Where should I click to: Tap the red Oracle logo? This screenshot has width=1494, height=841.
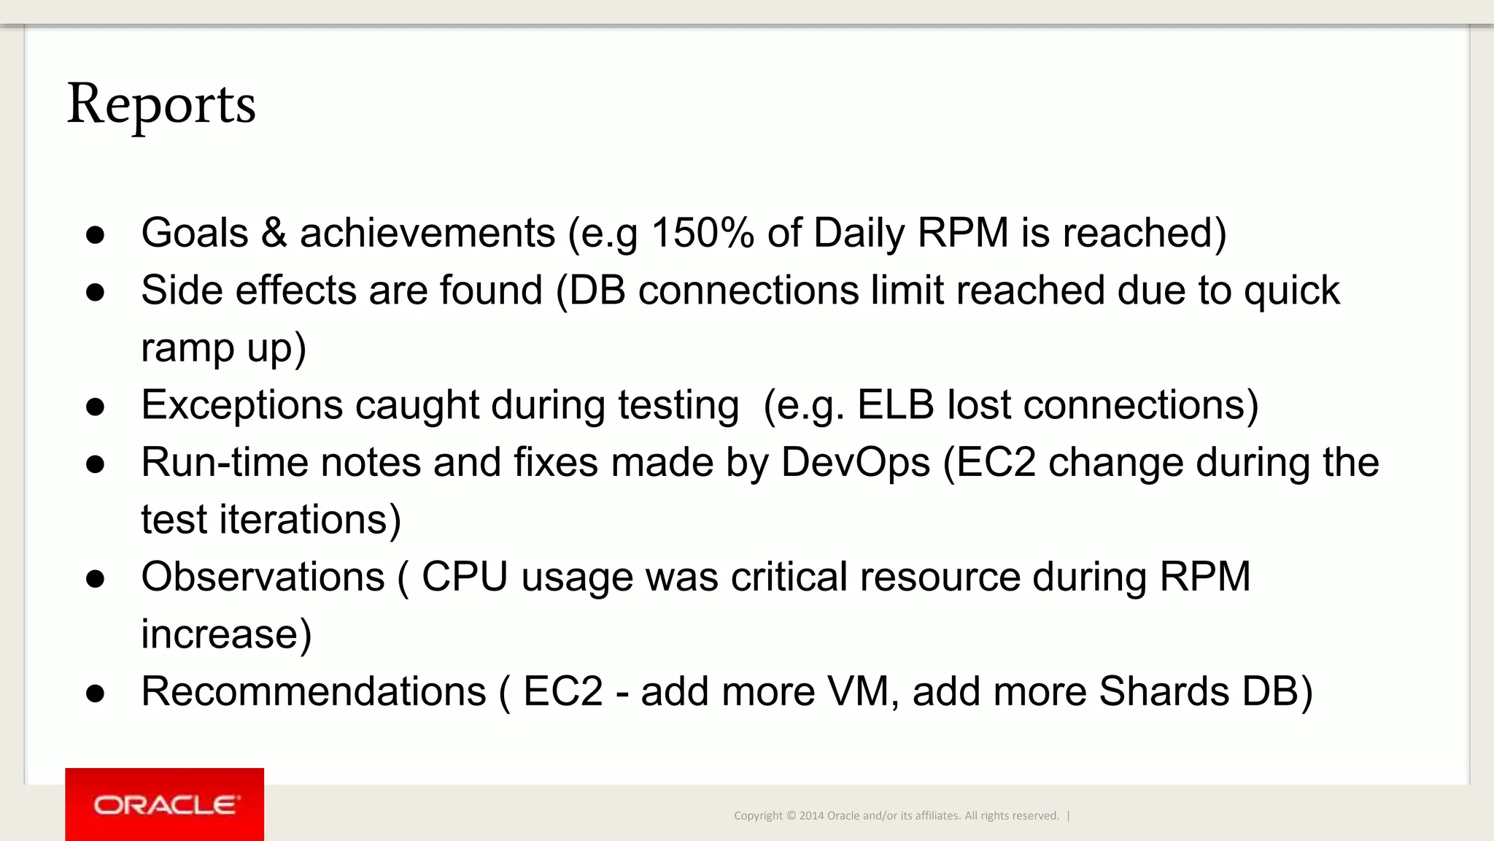pyautogui.click(x=164, y=804)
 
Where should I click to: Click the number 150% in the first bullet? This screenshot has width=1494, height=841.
pyautogui.click(x=702, y=234)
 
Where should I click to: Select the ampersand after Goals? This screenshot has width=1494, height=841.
pyautogui.click(x=274, y=234)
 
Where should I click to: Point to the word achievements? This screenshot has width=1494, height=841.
pyautogui.click(x=427, y=234)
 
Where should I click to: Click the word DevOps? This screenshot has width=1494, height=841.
pyautogui.click(x=855, y=463)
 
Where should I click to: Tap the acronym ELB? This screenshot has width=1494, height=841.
pyautogui.click(x=895, y=405)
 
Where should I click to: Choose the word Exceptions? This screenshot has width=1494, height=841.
pyautogui.click(x=241, y=406)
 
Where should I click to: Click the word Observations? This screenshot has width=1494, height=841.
pyautogui.click(x=263, y=577)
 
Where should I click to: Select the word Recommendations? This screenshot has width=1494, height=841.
pyautogui.click(x=314, y=692)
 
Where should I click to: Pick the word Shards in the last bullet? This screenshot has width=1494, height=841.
pyautogui.click(x=1164, y=692)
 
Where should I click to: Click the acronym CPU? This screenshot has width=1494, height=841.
pyautogui.click(x=465, y=577)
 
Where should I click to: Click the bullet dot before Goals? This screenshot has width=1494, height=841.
pyautogui.click(x=95, y=235)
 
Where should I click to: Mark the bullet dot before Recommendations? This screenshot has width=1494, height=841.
pyautogui.click(x=95, y=694)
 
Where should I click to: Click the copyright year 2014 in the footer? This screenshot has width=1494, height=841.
pyautogui.click(x=811, y=816)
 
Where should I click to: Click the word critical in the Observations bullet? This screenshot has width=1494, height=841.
pyautogui.click(x=789, y=577)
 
